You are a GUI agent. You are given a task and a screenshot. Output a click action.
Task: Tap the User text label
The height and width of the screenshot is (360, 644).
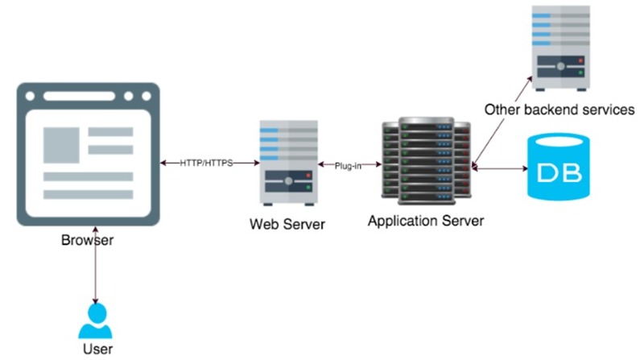coord(97,349)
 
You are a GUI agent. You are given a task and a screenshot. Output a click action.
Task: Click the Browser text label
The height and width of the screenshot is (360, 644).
coord(87,240)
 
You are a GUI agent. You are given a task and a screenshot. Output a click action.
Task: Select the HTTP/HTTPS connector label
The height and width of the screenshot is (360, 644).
coord(207,163)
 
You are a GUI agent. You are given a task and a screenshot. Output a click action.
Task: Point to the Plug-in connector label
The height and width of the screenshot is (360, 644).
coord(349,165)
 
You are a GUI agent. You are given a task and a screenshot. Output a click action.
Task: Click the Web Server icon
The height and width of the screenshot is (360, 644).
coord(288,162)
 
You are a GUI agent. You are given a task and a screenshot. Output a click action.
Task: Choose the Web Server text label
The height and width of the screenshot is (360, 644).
coord(287,224)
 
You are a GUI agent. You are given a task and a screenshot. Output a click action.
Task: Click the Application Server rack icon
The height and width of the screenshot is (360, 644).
coord(426,160)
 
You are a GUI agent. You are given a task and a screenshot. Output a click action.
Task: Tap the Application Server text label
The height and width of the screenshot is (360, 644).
coord(426,220)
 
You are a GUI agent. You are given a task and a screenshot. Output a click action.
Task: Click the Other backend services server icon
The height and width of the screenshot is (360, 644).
coord(561,49)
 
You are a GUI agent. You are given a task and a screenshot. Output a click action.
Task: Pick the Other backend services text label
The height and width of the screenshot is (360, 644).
coord(559,109)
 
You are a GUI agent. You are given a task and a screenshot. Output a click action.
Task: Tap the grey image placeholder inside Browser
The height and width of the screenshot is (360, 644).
coord(63,142)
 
